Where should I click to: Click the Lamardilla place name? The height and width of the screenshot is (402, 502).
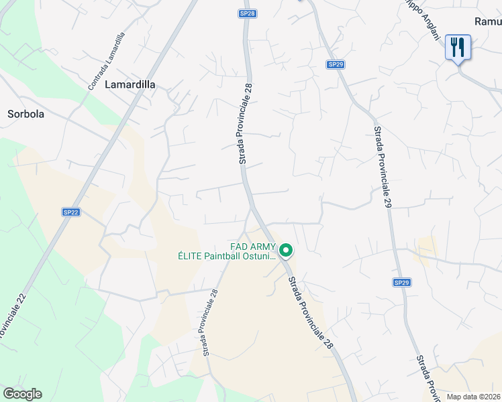pyautogui.click(x=130, y=85)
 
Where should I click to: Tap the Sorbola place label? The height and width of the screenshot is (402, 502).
pyautogui.click(x=26, y=114)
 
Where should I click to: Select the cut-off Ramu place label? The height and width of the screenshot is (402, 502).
pyautogui.click(x=488, y=21)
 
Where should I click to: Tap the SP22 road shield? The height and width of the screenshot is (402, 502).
pyautogui.click(x=71, y=212)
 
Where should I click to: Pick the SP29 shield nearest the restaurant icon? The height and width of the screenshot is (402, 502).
pyautogui.click(x=336, y=64)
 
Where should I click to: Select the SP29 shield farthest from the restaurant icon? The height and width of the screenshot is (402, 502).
pyautogui.click(x=401, y=283)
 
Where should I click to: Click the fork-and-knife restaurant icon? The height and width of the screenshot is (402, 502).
pyautogui.click(x=458, y=47)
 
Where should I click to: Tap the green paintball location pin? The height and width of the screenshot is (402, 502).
pyautogui.click(x=286, y=251)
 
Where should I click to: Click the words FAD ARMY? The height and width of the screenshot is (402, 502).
pyautogui.click(x=252, y=246)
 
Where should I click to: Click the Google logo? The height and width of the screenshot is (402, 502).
pyautogui.click(x=22, y=394)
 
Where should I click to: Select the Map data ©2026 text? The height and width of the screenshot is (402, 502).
pyautogui.click(x=473, y=397)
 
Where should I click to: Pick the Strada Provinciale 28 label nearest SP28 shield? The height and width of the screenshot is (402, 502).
pyautogui.click(x=246, y=124)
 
